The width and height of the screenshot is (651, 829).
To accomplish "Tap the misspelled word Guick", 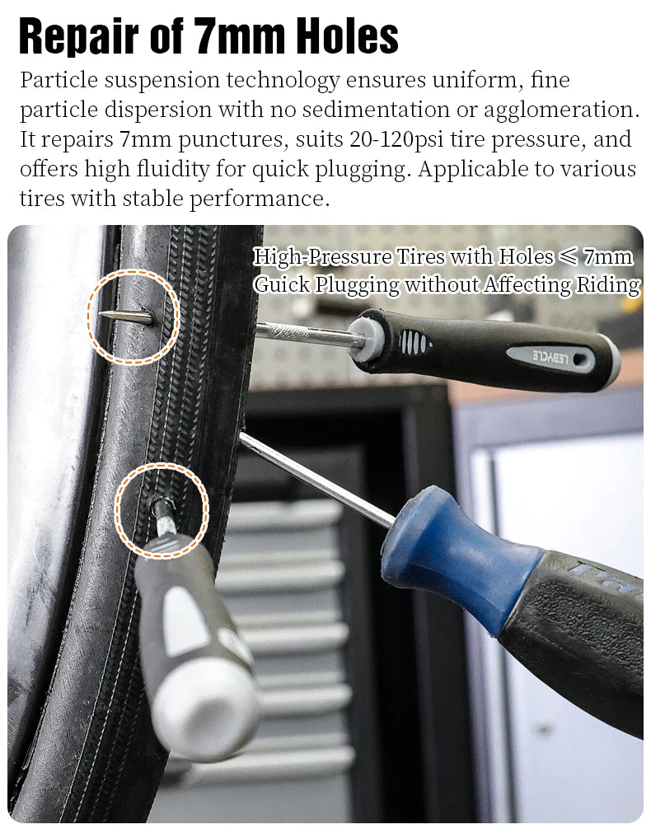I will click(283, 285).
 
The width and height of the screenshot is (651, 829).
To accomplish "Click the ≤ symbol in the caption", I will click(568, 256).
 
